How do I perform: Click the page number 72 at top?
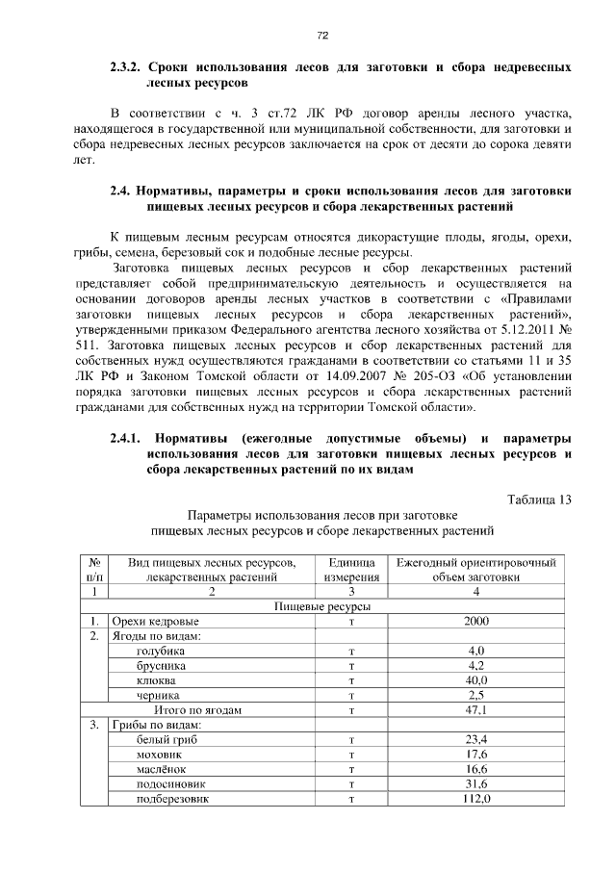[323, 36]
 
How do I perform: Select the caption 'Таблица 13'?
[539, 498]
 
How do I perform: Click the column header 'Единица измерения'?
[351, 569]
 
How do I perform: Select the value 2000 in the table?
[476, 622]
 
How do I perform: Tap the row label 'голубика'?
[162, 651]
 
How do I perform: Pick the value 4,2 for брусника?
[476, 665]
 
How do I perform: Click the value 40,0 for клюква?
[476, 680]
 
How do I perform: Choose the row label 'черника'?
[158, 695]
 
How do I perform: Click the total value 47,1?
[476, 710]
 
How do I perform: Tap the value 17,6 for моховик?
[476, 755]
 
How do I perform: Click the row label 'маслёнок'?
[161, 769]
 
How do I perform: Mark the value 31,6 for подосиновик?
[476, 784]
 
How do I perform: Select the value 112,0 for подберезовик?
[476, 799]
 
